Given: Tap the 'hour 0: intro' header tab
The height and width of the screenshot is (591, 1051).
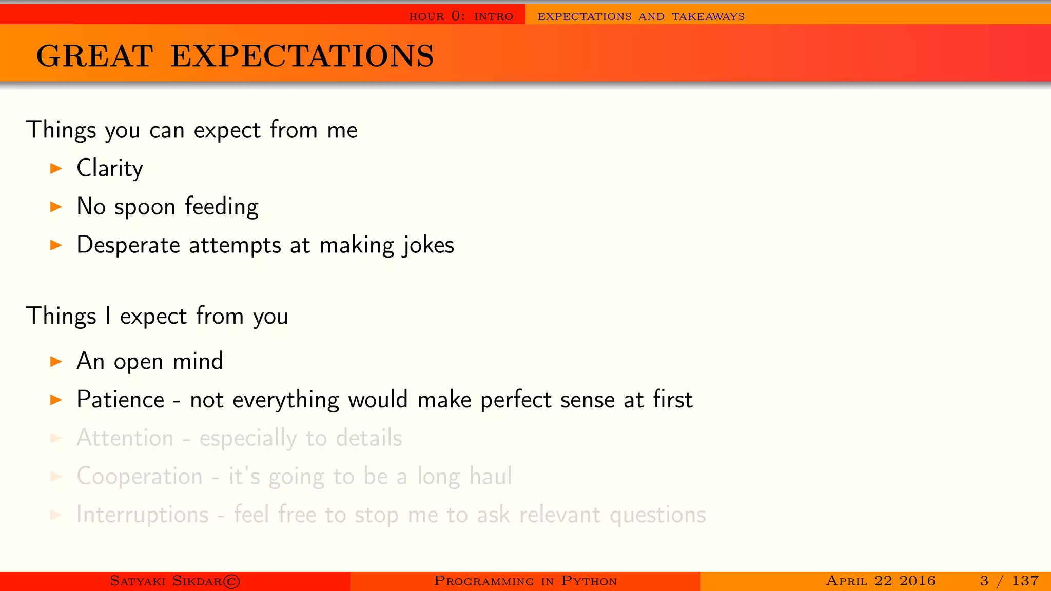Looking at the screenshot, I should tap(461, 16).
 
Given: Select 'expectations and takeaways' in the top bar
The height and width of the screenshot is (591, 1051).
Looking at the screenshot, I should tap(641, 16).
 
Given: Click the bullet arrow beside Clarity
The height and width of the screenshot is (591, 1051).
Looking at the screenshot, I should tap(56, 168).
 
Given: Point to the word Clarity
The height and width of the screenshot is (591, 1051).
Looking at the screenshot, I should tap(109, 168).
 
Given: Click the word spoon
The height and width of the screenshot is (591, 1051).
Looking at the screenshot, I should tap(145, 207).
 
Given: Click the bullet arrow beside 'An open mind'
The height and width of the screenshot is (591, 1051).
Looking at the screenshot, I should tap(56, 361).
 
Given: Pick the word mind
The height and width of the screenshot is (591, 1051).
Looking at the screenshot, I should tap(198, 361).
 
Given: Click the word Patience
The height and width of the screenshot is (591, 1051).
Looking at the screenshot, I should tap(120, 400).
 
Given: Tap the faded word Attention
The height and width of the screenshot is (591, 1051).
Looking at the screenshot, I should tap(125, 438).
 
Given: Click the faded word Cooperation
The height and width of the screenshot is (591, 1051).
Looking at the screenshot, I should tap(139, 477).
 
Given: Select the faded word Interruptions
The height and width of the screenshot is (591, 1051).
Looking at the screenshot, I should tap(142, 515).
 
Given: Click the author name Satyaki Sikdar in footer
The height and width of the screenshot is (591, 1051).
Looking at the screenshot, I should tap(166, 581).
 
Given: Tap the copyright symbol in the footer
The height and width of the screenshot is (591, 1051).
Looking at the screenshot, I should tap(232, 581).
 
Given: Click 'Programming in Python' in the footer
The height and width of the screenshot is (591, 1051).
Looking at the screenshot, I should tap(525, 581).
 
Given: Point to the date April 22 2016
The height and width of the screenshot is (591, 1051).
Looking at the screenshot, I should tap(881, 581).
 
